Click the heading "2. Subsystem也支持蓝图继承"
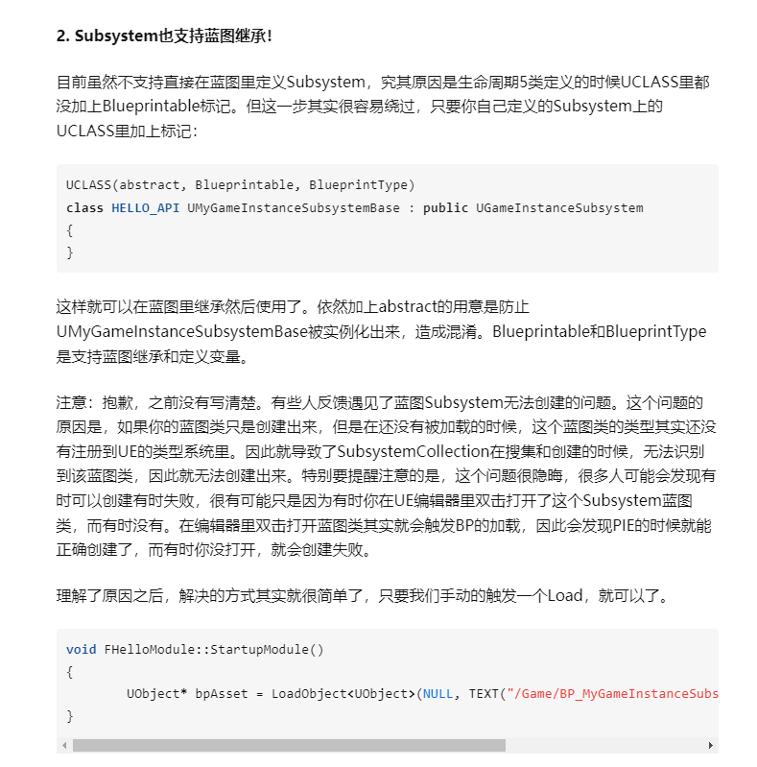point(163,36)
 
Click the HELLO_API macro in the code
point(145,207)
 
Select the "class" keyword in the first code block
point(84,207)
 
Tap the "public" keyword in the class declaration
point(445,207)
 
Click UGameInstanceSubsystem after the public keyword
point(559,207)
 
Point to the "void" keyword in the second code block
point(81,650)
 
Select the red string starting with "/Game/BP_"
point(614,694)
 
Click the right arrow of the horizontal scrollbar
point(711,745)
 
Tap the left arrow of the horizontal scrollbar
point(64,745)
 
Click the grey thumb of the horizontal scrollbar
point(288,745)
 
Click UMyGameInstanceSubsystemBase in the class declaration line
point(298,207)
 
